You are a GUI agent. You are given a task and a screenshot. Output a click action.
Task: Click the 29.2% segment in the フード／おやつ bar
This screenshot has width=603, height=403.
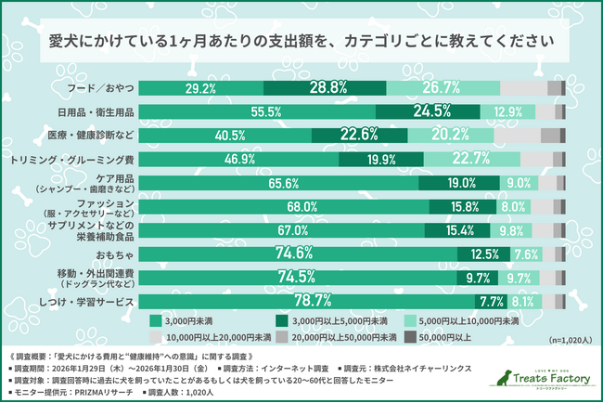coord(201,88)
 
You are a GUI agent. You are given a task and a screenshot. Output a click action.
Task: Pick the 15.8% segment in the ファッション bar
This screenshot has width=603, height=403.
coord(463,207)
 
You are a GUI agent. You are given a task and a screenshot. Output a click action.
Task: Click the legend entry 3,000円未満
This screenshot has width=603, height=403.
coord(181,320)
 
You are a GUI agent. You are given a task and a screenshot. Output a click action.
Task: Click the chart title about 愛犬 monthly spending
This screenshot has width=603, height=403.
coord(301,42)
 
